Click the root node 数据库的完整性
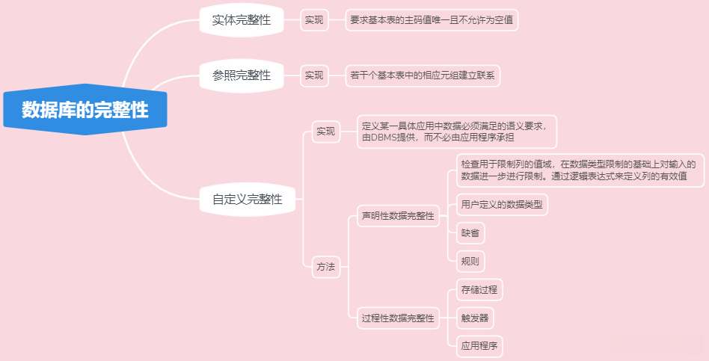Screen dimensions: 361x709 (85, 111)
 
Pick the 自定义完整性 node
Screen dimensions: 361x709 (248, 199)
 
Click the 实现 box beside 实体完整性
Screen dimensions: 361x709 (314, 20)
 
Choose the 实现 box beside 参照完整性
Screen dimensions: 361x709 (314, 75)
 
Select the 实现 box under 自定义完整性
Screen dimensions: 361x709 (325, 132)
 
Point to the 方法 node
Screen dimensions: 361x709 (325, 266)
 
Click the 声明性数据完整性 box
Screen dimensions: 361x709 (398, 216)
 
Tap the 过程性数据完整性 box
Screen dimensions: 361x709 (398, 318)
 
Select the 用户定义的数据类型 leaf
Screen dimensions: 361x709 (502, 204)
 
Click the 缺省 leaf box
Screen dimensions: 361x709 (471, 233)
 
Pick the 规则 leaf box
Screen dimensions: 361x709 (471, 262)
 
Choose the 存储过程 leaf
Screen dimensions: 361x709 (479, 289)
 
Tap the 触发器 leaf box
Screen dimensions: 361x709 (476, 318)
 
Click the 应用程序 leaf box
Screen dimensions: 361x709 (479, 346)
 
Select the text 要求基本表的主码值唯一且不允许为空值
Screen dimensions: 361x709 (432, 20)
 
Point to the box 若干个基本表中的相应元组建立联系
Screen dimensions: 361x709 (423, 75)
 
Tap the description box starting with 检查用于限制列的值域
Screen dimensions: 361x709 (579, 170)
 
